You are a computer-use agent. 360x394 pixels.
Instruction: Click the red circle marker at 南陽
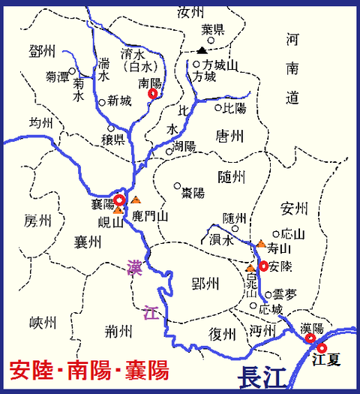(x=154, y=95)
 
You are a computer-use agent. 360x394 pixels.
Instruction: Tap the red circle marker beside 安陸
(x=263, y=266)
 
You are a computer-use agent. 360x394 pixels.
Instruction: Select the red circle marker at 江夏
(x=322, y=347)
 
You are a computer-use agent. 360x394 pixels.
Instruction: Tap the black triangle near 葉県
(x=202, y=50)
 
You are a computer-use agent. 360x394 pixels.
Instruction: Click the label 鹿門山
(x=152, y=216)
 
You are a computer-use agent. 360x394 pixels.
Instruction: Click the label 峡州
(x=43, y=323)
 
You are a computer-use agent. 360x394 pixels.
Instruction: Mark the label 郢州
(x=204, y=283)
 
